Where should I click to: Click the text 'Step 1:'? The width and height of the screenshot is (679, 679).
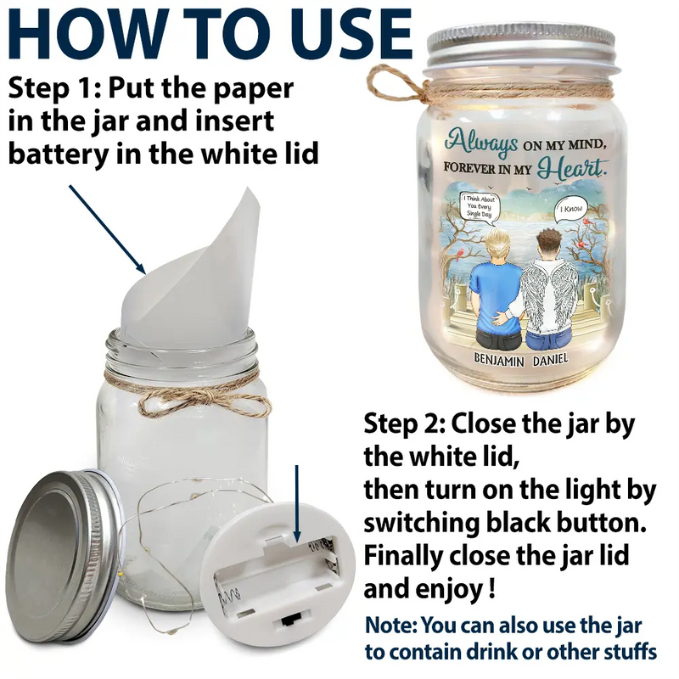coord(54,88)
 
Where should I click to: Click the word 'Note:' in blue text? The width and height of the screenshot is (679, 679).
coord(391,626)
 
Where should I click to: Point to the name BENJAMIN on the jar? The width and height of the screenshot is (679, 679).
coord(498,359)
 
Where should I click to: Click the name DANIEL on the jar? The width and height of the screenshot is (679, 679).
coord(550,359)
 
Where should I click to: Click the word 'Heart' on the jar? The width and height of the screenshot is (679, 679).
coord(571,168)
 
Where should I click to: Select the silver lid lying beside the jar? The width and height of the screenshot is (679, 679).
coord(65,556)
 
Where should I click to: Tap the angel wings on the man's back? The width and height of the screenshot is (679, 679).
coord(548,299)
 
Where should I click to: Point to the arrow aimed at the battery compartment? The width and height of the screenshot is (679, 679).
coord(296,503)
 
